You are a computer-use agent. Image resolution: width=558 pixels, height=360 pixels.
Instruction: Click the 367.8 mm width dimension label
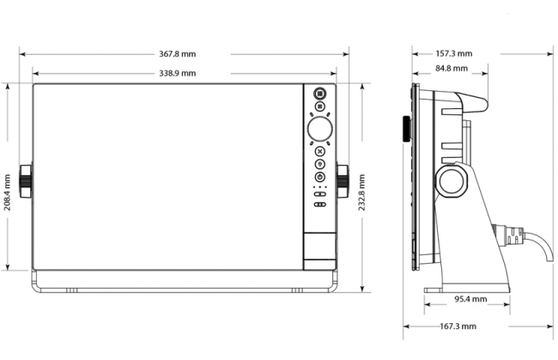click(177, 54)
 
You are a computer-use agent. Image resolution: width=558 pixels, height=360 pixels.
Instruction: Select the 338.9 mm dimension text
click(177, 73)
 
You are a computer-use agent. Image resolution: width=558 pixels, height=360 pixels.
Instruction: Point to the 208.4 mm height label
click(7, 192)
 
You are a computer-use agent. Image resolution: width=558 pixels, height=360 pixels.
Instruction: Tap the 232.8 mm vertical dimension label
click(361, 192)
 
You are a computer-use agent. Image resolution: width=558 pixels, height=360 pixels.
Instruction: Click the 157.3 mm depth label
click(454, 54)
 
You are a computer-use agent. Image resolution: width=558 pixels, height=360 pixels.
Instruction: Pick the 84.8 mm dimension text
click(452, 69)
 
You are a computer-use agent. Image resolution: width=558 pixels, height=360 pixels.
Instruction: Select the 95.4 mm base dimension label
click(470, 299)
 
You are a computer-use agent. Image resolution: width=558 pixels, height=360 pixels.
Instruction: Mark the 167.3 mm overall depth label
click(458, 326)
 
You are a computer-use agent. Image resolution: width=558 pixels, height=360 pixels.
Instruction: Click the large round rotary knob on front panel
click(320, 128)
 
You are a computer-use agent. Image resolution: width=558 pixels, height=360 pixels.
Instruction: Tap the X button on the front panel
click(320, 151)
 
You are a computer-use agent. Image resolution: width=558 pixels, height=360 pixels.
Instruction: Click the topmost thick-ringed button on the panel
click(320, 94)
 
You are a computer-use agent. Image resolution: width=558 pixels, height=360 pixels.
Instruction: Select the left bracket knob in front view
click(26, 181)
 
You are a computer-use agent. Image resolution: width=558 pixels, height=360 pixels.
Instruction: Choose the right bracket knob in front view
click(343, 181)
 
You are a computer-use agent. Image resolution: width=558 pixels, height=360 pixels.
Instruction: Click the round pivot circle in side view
click(452, 181)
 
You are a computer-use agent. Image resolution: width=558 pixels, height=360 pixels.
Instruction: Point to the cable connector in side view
click(508, 235)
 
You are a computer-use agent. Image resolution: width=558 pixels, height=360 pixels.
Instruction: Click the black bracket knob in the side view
click(406, 129)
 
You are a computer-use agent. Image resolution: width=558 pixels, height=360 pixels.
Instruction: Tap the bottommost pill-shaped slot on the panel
click(320, 204)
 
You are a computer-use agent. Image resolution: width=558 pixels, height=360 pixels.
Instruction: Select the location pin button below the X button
click(320, 164)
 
